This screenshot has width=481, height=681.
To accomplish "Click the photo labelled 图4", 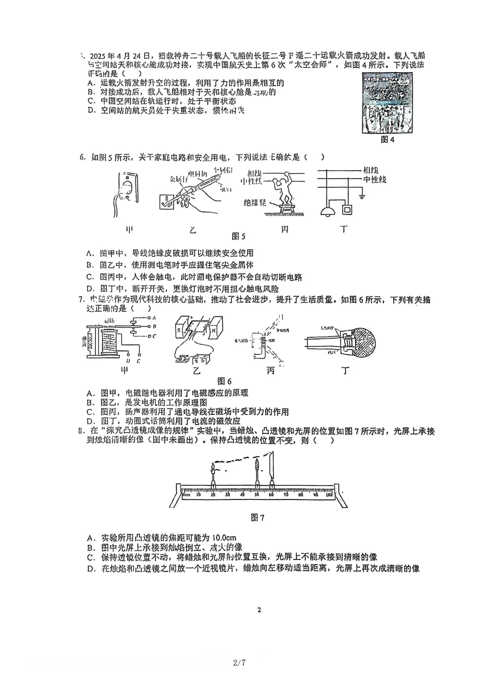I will coord(387,103).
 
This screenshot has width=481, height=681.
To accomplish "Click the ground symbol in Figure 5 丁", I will coord(362,195).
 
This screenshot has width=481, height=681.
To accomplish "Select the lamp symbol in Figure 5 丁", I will coord(329,211).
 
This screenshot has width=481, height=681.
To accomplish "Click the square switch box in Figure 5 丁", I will coord(347,210).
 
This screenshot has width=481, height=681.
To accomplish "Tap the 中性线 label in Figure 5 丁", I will coord(374,179).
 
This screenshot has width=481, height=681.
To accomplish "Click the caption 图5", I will coord(239,236).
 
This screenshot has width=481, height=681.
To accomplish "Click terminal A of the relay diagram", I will coord(153,318).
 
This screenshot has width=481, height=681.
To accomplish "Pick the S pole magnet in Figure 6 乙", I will coord(180,331).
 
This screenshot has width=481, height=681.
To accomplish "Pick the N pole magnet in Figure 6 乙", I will coord(215,330).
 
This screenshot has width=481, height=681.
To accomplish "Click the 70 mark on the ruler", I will coord(286,495).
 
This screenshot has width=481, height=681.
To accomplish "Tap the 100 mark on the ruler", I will coord(329,495).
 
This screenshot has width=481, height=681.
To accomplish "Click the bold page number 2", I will coord(259,610).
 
